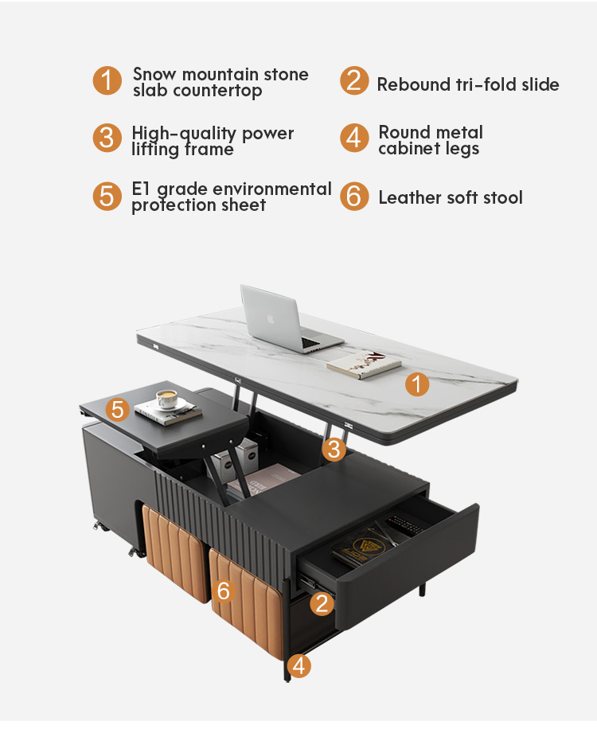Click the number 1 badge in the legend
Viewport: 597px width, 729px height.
(107, 81)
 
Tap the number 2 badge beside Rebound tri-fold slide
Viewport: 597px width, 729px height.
(354, 81)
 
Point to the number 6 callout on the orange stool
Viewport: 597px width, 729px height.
(224, 591)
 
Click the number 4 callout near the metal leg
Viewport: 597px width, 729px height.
(298, 665)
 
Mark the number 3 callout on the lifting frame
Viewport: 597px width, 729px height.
(334, 450)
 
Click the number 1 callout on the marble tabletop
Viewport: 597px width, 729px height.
(417, 385)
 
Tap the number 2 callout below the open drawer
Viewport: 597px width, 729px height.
(321, 603)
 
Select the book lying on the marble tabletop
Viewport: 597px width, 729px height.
(364, 365)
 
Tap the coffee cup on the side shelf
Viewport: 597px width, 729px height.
(166, 398)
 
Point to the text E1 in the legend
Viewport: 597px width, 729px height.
(142, 189)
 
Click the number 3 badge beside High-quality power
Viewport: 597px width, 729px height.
(107, 138)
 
